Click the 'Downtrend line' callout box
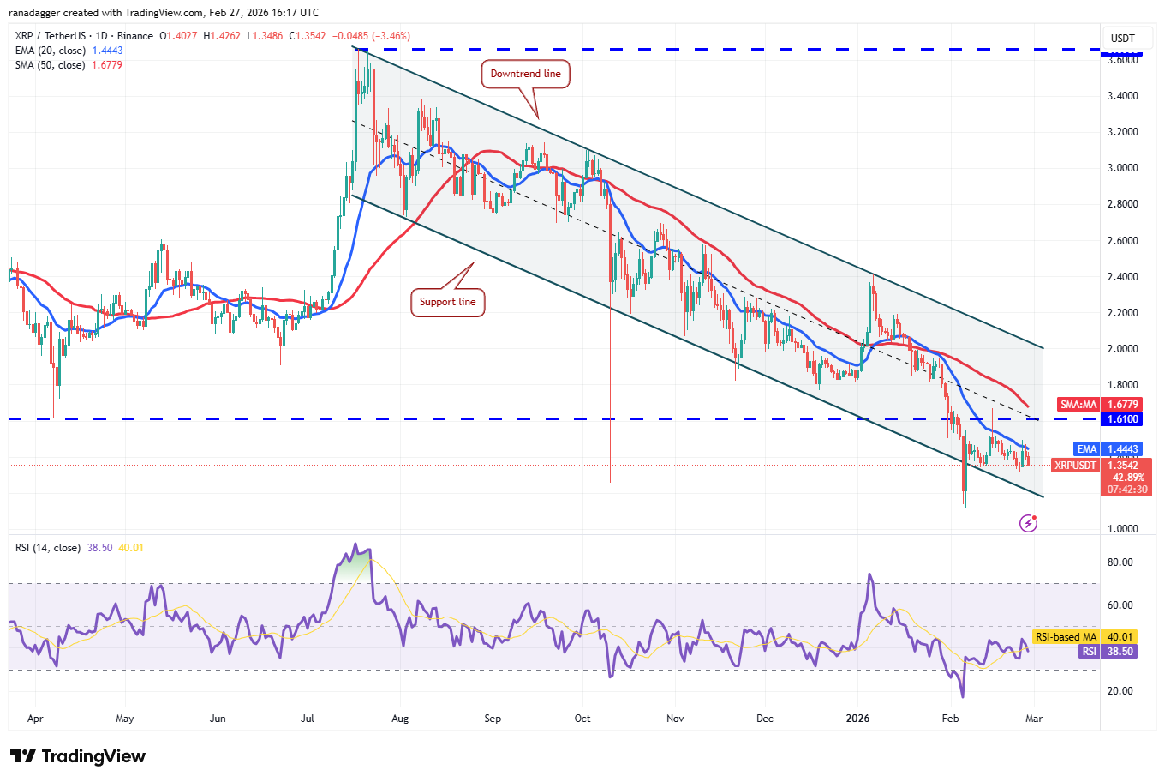(525, 74)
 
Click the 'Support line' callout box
(447, 302)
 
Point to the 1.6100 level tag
(1122, 419)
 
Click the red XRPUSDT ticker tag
(1075, 466)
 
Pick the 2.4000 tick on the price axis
(1122, 277)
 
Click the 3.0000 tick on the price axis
(1122, 168)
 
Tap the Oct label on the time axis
(582, 719)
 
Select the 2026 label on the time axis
(857, 719)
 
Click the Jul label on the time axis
(308, 719)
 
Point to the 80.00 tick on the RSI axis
(1120, 562)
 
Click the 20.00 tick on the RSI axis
(1120, 691)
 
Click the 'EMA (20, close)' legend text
(50, 51)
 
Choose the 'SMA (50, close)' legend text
(50, 65)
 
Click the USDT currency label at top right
(1122, 39)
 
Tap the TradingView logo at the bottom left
(78, 756)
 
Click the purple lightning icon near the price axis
(1029, 523)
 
